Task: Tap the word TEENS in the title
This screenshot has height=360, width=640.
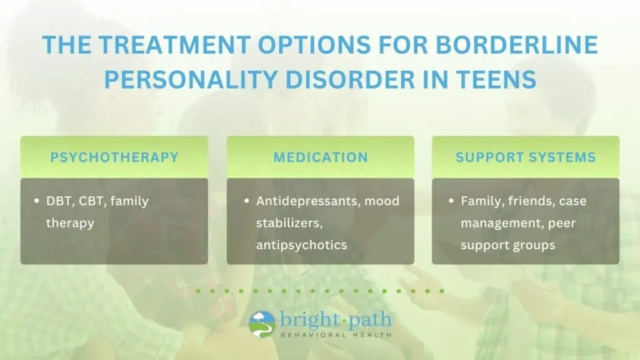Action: [x=495, y=79]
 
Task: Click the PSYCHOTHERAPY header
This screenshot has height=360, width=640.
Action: [x=114, y=157]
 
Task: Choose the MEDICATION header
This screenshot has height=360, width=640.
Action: [x=321, y=157]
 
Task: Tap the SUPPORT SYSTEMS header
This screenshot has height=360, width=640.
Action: [x=526, y=157]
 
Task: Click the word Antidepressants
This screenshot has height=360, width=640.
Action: [x=308, y=201]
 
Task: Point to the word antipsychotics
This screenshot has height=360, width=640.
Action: [x=302, y=245]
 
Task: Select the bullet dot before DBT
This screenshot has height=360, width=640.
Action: [x=37, y=201]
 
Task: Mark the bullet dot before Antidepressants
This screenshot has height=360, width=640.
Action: [x=246, y=201]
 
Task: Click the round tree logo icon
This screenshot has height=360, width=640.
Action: [x=262, y=324]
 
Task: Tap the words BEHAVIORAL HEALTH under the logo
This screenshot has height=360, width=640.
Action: [x=336, y=335]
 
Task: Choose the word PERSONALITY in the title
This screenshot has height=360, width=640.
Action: [x=192, y=79]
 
